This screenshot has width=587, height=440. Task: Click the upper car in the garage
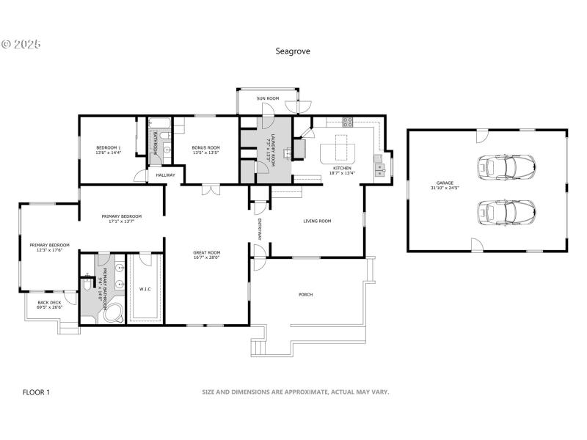click(505, 166)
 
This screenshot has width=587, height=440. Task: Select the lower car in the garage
click(505, 213)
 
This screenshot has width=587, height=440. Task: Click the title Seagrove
click(292, 51)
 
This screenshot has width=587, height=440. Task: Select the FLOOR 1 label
click(37, 392)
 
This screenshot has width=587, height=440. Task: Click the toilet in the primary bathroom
click(87, 276)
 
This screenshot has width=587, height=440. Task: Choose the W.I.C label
click(145, 289)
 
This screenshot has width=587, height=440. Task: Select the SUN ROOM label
click(267, 98)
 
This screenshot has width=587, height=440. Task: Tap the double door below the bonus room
click(211, 189)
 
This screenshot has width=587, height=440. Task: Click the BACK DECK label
click(49, 302)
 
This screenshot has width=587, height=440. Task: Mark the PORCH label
click(305, 295)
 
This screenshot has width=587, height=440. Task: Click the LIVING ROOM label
click(318, 221)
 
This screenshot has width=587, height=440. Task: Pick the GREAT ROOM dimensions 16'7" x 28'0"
click(206, 257)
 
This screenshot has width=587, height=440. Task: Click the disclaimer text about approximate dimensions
click(295, 392)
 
